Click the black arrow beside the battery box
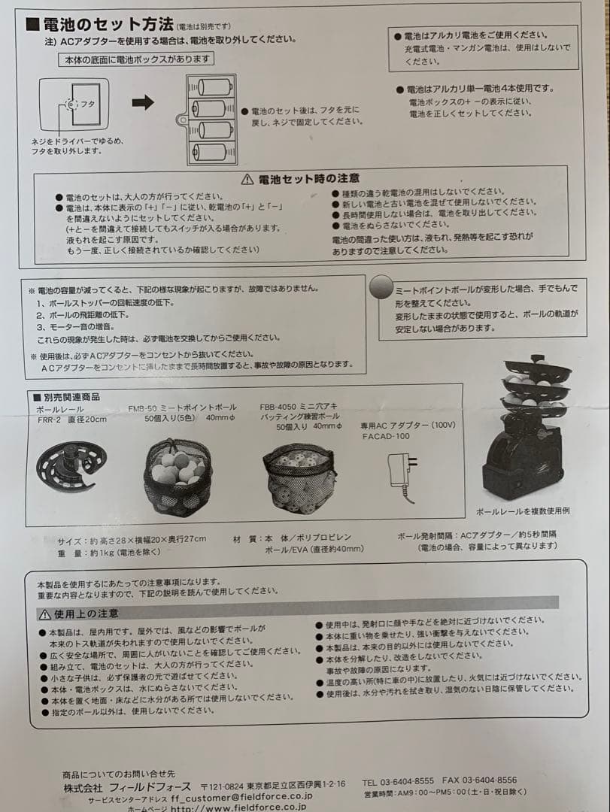[143, 103]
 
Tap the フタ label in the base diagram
[87, 105]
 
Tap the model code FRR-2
[51, 420]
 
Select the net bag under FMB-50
[178, 477]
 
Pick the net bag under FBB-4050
[299, 478]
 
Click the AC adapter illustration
[401, 475]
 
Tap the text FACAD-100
[386, 436]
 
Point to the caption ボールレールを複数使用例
[522, 511]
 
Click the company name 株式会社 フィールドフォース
[126, 784]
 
